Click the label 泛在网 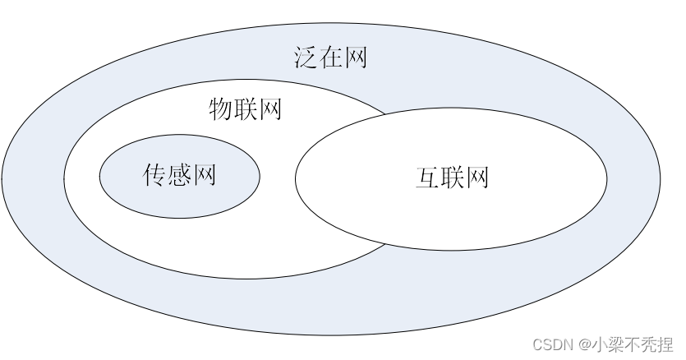329,58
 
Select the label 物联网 245,108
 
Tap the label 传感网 180,174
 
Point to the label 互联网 452,178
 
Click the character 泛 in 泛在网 305,58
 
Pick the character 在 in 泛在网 329,58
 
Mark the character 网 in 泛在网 355,58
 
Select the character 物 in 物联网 220,108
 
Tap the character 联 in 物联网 245,108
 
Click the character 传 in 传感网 155,174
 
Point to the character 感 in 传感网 180,174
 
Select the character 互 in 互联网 427,178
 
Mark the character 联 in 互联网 452,178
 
